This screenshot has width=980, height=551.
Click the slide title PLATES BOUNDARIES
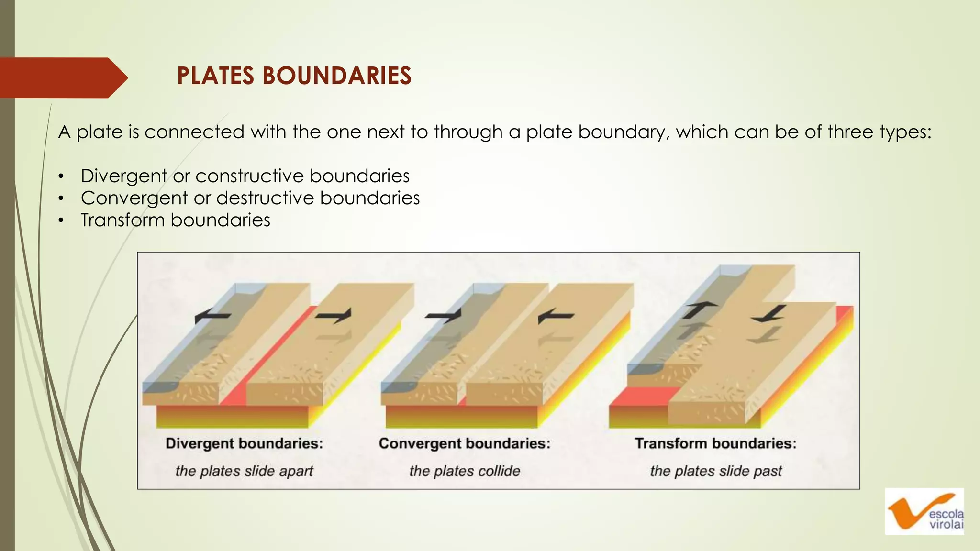coord(294,76)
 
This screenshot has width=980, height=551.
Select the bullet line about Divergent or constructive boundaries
coord(245,176)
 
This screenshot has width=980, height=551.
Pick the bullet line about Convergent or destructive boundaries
coord(250,198)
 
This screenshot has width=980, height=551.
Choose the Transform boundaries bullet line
coord(175,220)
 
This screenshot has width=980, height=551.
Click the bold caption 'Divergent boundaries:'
coord(244,443)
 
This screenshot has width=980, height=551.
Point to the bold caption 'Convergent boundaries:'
coord(464,443)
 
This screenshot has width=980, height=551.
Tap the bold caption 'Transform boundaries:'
coord(715,443)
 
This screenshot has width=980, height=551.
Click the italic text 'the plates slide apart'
coord(244,471)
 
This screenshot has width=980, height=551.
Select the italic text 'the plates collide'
coord(464,471)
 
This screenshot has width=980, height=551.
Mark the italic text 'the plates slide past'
coord(715,471)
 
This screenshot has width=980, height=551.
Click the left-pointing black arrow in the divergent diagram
coord(212,316)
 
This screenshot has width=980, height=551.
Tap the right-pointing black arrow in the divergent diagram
coord(334,315)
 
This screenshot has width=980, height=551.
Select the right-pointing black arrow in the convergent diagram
coord(444,315)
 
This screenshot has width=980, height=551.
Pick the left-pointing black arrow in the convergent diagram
coord(555,316)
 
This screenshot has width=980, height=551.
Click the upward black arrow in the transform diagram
coord(699,310)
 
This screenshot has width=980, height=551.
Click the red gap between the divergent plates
coord(268,364)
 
